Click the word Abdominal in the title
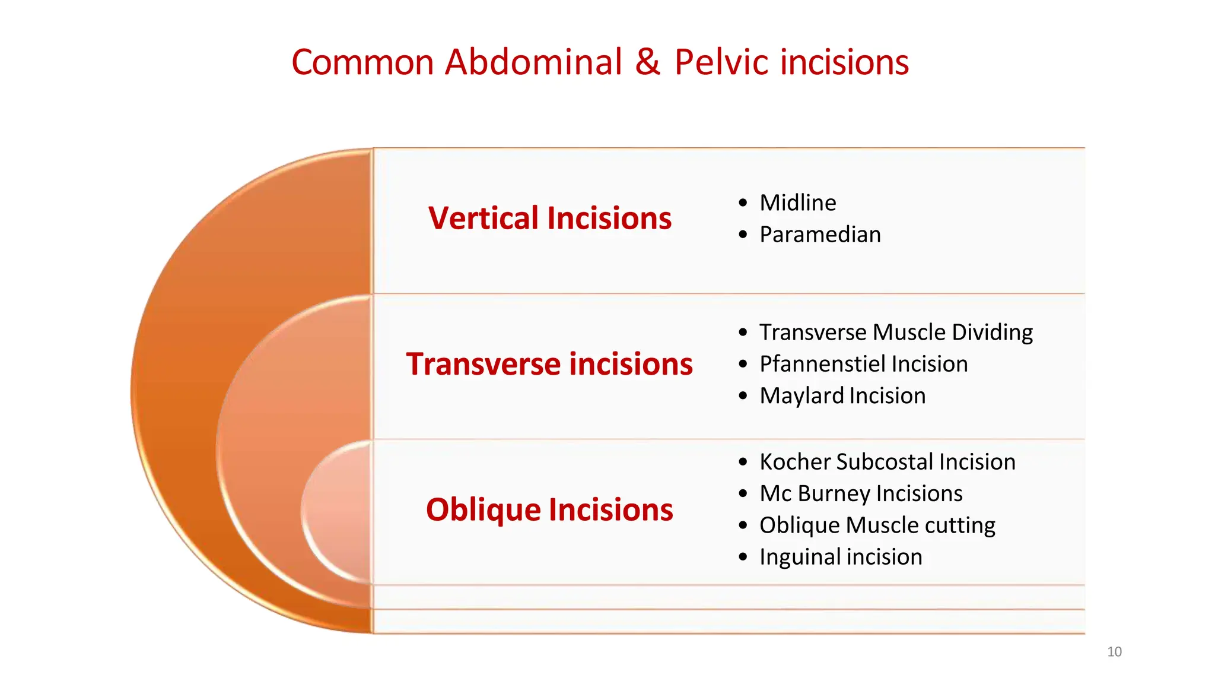[533, 62]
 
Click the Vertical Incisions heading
[550, 218]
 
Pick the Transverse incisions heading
[549, 364]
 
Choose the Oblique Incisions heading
[549, 510]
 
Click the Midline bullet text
[798, 203]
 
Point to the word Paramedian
[820, 235]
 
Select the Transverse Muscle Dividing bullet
[896, 332]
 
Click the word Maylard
[801, 396]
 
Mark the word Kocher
[794, 462]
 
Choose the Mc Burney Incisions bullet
[861, 493]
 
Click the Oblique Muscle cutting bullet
[877, 525]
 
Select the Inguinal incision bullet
[841, 557]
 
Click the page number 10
[1114, 652]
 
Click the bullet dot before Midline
[743, 203]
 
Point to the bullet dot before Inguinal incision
[743, 557]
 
